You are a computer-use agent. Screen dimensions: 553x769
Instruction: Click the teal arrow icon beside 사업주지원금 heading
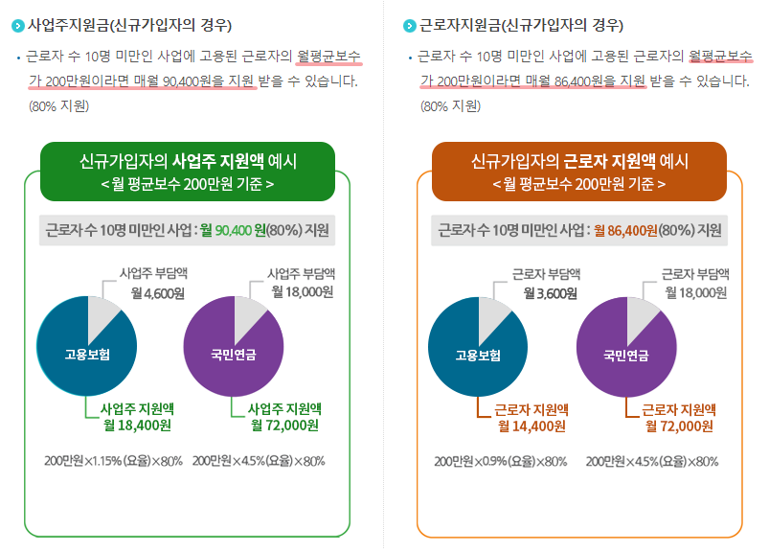click(x=18, y=25)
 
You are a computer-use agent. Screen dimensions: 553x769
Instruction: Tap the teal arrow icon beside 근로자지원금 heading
click(x=411, y=25)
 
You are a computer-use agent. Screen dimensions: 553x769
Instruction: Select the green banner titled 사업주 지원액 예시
click(x=188, y=171)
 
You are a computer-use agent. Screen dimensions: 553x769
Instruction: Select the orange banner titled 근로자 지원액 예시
click(x=579, y=171)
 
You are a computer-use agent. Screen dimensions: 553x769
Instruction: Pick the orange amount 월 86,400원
click(x=625, y=230)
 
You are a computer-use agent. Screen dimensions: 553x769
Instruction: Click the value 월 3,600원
click(x=548, y=292)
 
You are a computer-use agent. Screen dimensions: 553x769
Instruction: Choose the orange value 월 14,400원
click(x=531, y=426)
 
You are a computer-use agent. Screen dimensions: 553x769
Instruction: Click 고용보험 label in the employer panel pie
click(x=87, y=355)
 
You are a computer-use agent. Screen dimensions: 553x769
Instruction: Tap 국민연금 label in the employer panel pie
click(x=234, y=355)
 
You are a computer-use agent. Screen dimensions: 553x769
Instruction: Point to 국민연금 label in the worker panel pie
click(x=625, y=356)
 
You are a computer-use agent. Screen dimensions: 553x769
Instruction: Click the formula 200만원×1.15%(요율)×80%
click(x=113, y=461)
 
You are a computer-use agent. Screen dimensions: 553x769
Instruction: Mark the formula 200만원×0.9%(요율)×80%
click(x=501, y=461)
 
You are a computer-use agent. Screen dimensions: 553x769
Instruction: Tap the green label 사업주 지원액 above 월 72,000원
click(x=283, y=408)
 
